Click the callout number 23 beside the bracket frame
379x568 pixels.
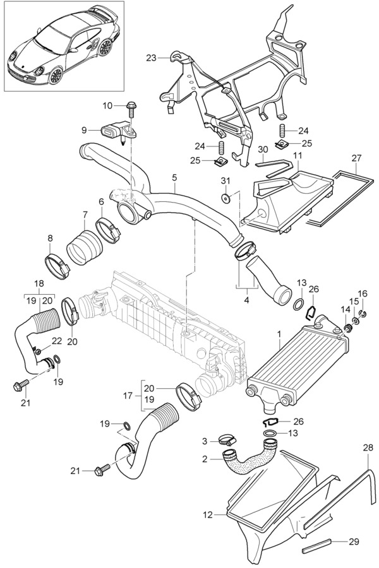coord(150,58)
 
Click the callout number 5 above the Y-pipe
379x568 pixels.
coord(174,179)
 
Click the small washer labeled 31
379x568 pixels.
coord(226,199)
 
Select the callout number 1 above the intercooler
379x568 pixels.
coord(279,333)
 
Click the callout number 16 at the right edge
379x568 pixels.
coord(363,293)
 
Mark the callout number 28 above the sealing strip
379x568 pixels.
coord(368,447)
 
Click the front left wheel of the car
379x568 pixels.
coord(56,76)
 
